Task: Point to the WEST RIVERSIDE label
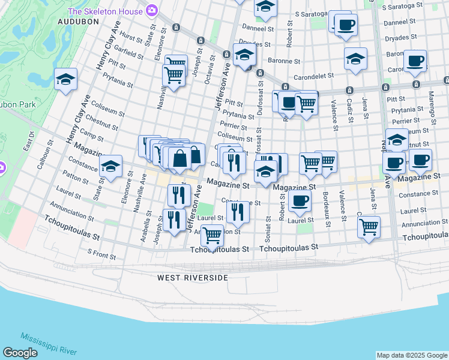193,278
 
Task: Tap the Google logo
20,353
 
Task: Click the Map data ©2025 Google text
411,355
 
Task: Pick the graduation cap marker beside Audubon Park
65,79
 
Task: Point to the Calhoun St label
44,154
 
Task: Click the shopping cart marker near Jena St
369,226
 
